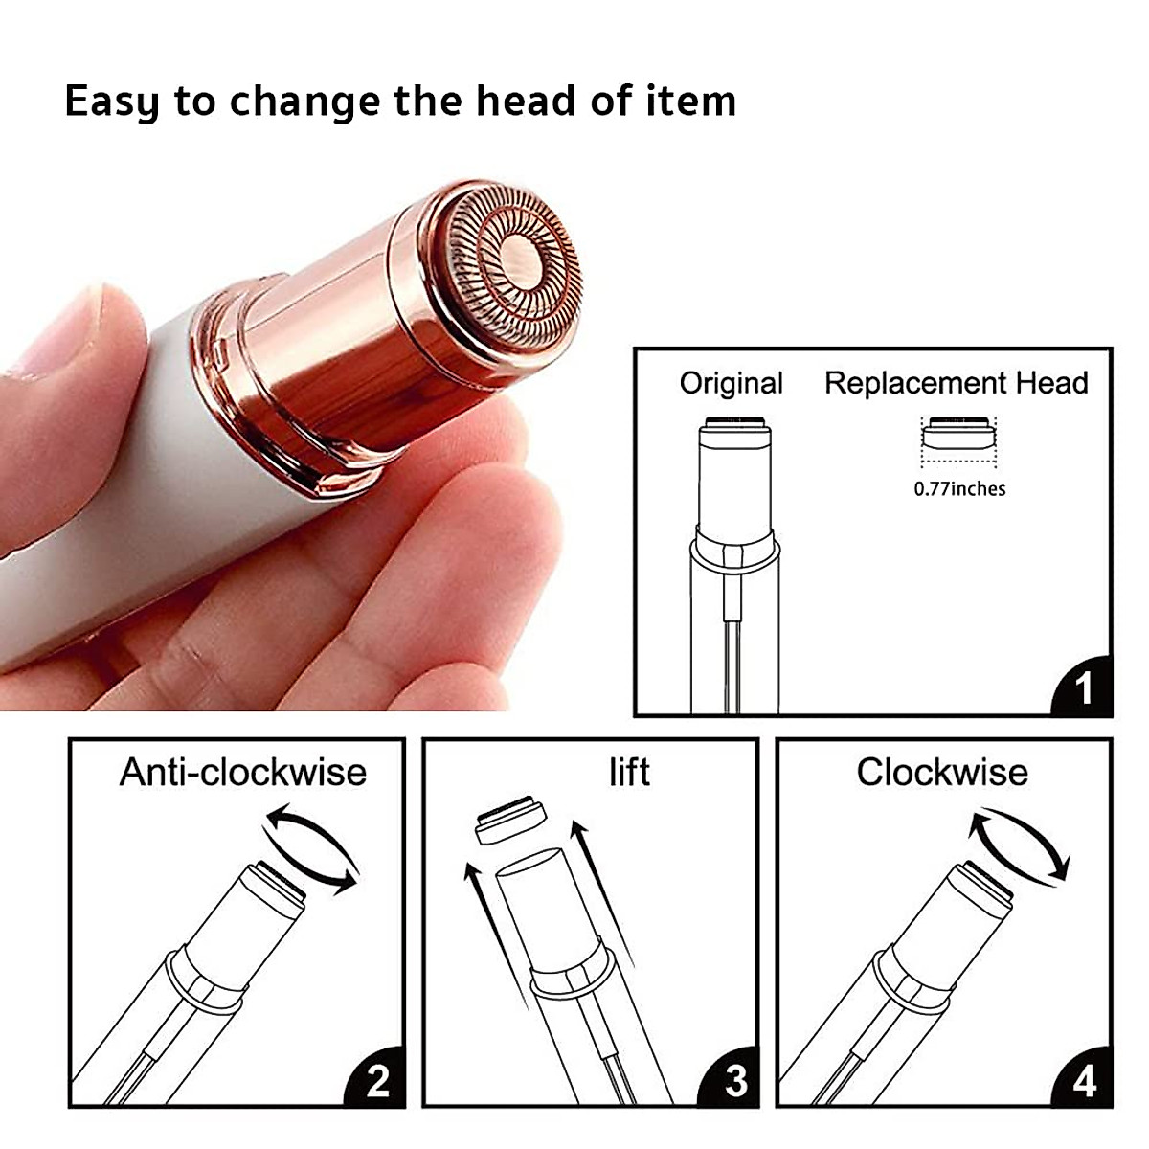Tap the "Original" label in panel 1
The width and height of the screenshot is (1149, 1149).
pos(731,383)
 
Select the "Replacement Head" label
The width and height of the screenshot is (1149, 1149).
pos(956,382)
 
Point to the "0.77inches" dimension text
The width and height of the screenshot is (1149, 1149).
pos(959,489)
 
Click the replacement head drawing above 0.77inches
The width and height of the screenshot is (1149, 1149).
pos(958,432)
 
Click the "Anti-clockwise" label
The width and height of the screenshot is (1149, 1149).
pos(243,772)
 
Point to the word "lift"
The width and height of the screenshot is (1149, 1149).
pos(629,772)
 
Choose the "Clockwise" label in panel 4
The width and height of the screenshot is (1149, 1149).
pos(942,772)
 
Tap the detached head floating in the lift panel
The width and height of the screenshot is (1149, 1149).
pos(511,820)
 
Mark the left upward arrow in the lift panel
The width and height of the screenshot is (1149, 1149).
pos(497,935)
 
